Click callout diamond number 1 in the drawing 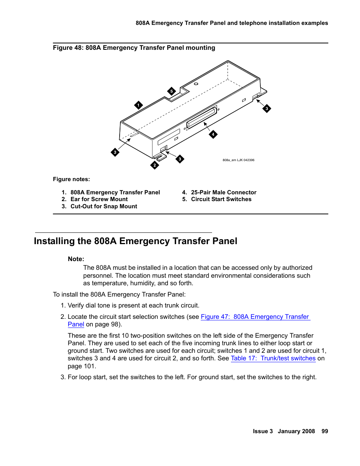138,105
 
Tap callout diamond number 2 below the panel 155,165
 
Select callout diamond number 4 213,134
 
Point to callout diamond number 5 172,91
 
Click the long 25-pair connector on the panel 202,118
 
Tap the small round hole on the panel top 196,84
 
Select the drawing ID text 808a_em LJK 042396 238,160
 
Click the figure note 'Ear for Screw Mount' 99,199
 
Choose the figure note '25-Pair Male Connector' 223,192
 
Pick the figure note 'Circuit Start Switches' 221,199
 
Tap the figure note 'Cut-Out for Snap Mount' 104,206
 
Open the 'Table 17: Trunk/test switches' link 273,358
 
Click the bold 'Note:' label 76,259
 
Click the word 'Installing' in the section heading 54,241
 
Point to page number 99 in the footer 325,431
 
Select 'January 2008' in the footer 296,431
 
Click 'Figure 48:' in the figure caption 68,48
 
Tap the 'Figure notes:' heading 71,179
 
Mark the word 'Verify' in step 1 77,306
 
